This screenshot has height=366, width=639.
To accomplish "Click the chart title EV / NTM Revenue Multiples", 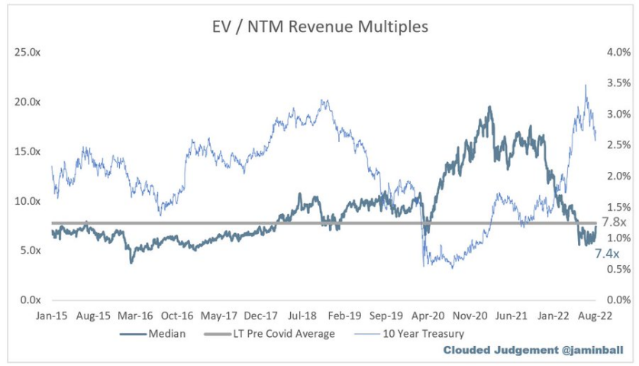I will tap(319, 27).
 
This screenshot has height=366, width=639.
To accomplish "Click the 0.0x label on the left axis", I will tap(30, 300).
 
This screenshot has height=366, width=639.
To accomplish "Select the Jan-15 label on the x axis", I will tap(52, 315).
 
